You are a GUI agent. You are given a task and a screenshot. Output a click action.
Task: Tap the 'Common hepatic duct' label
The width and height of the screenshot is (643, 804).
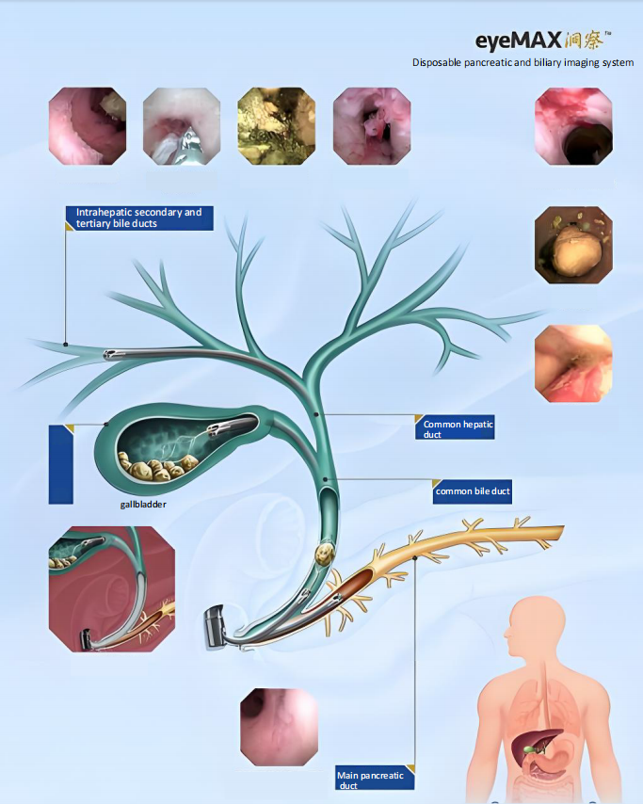[x=457, y=429]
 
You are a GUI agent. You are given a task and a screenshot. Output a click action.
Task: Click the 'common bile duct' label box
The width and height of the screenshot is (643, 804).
[x=473, y=491]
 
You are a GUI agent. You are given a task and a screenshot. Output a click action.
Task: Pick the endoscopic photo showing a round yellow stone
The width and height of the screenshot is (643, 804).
[x=573, y=246]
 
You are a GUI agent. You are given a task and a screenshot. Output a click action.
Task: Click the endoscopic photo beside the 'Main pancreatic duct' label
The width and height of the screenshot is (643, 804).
[x=279, y=726]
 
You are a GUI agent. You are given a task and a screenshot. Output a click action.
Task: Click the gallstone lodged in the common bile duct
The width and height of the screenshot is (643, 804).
[x=325, y=554]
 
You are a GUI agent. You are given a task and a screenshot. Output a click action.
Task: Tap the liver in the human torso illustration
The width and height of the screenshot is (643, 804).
[x=529, y=744]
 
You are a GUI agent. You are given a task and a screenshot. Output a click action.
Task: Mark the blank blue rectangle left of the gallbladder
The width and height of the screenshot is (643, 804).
[x=60, y=464]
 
